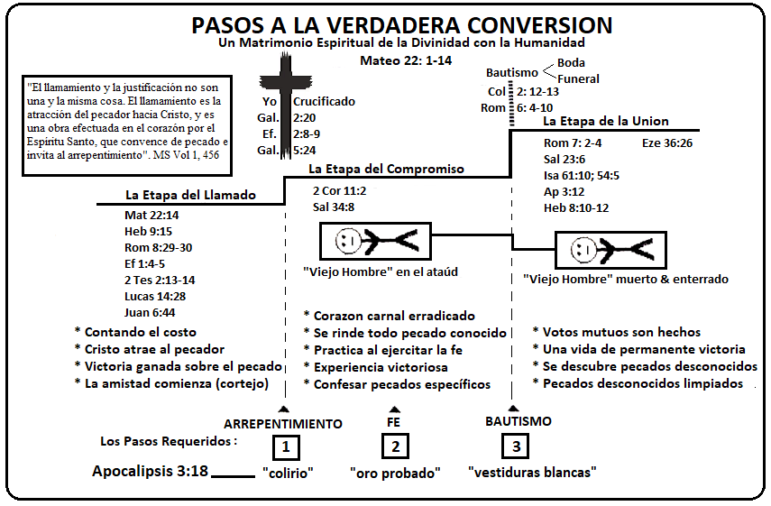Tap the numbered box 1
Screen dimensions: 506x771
tap(285, 446)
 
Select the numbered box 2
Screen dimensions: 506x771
tap(395, 446)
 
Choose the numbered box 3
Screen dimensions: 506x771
tap(515, 446)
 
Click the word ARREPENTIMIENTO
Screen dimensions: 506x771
tap(283, 423)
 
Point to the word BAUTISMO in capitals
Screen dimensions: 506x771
tap(518, 420)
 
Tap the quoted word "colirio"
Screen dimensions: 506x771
tap(287, 472)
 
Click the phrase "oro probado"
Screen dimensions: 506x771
tap(395, 472)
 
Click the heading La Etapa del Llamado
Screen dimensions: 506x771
tap(190, 195)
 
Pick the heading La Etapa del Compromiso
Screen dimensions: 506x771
tap(386, 169)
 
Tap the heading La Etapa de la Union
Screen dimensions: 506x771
tap(605, 121)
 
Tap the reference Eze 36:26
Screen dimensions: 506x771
tap(667, 143)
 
